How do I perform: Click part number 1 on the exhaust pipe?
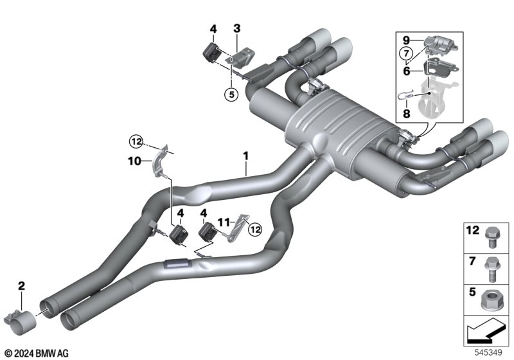[x=245, y=156]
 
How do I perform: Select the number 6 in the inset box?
[x=406, y=71]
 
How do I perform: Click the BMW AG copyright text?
[x=35, y=353]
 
